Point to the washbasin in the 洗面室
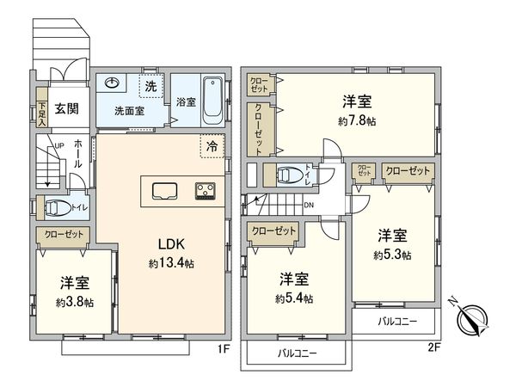[x=112, y=83]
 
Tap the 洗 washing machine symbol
[x=150, y=86]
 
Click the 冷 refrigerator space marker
[x=211, y=146]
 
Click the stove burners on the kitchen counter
[x=206, y=190]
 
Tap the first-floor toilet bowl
[x=56, y=208]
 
